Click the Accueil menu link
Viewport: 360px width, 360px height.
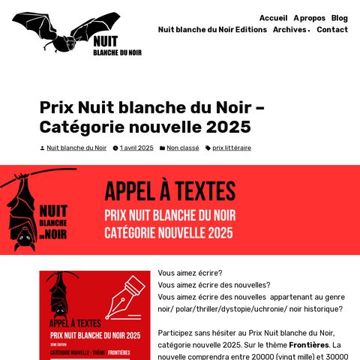coord(273,18)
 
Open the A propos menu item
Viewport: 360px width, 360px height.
coord(309,18)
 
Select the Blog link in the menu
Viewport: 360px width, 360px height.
coord(339,18)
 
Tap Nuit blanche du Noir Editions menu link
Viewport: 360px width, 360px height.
coord(212,30)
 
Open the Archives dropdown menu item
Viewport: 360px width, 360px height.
coord(291,30)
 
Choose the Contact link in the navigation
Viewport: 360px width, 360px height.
coord(332,30)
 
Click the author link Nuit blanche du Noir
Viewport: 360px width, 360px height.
coord(76,148)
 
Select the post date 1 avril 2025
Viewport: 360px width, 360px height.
coord(136,148)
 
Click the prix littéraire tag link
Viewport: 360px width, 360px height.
coord(232,148)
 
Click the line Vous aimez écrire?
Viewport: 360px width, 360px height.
coord(190,273)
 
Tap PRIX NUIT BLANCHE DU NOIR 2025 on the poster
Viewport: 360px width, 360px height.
coord(95,335)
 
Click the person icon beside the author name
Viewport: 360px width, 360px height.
coord(42,148)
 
